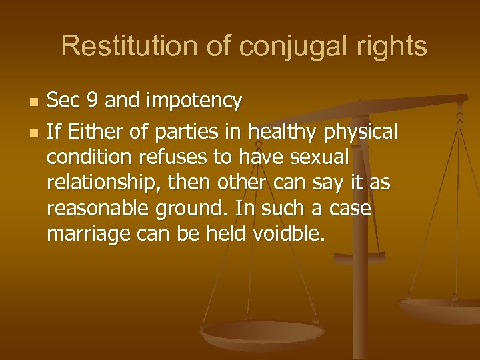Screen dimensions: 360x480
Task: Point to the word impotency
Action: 195,101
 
